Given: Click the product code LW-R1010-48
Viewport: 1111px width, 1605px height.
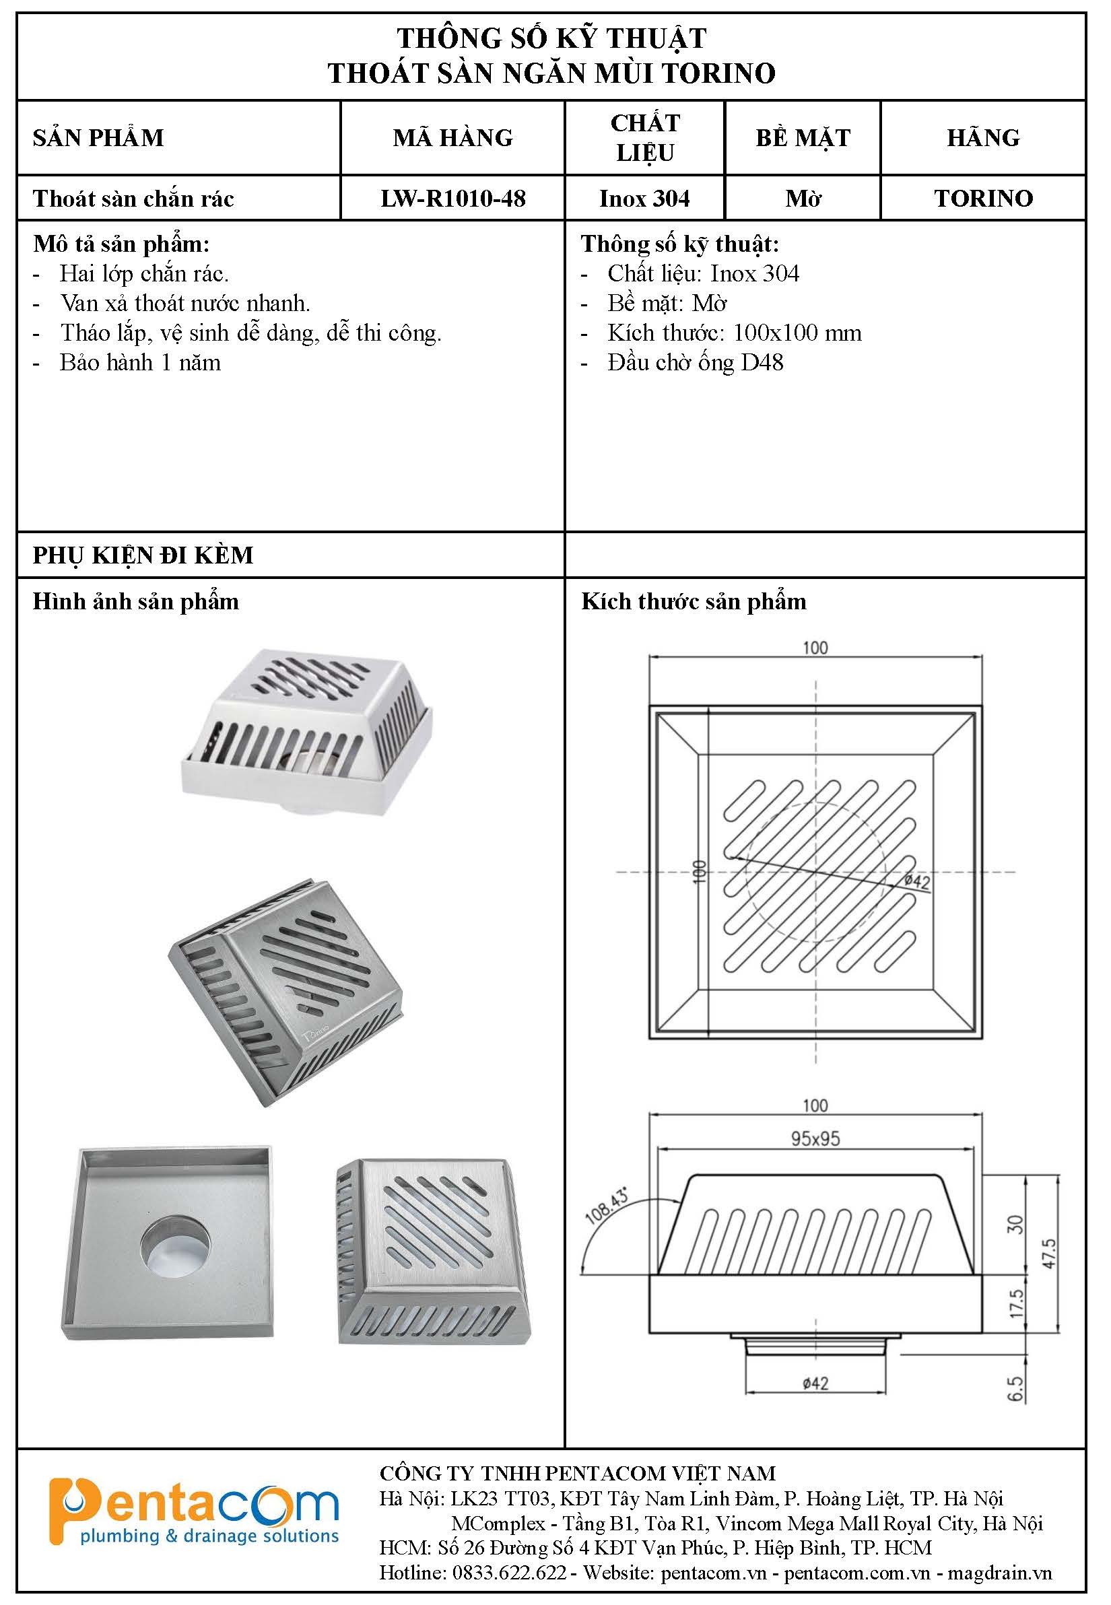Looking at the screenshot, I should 452,199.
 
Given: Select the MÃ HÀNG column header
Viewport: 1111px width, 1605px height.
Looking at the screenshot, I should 452,137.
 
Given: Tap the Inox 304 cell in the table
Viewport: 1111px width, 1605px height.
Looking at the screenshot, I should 644,199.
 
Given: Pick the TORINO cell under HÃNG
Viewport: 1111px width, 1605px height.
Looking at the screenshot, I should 983,199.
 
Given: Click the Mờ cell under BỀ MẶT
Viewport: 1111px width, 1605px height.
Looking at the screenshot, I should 803,199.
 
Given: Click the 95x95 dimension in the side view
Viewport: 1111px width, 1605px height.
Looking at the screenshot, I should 815,1138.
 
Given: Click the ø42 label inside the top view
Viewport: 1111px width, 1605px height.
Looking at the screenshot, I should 918,882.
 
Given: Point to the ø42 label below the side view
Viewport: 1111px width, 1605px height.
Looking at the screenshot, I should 815,1383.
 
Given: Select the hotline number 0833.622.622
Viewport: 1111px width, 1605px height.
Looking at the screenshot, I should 510,1573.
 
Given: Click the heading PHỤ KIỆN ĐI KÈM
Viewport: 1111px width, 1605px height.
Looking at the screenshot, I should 143,555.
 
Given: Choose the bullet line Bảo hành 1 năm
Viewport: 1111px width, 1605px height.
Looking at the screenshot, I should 140,363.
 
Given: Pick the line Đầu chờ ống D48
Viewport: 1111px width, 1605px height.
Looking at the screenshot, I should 695,363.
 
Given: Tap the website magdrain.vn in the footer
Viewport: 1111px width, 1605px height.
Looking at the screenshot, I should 1000,1573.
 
